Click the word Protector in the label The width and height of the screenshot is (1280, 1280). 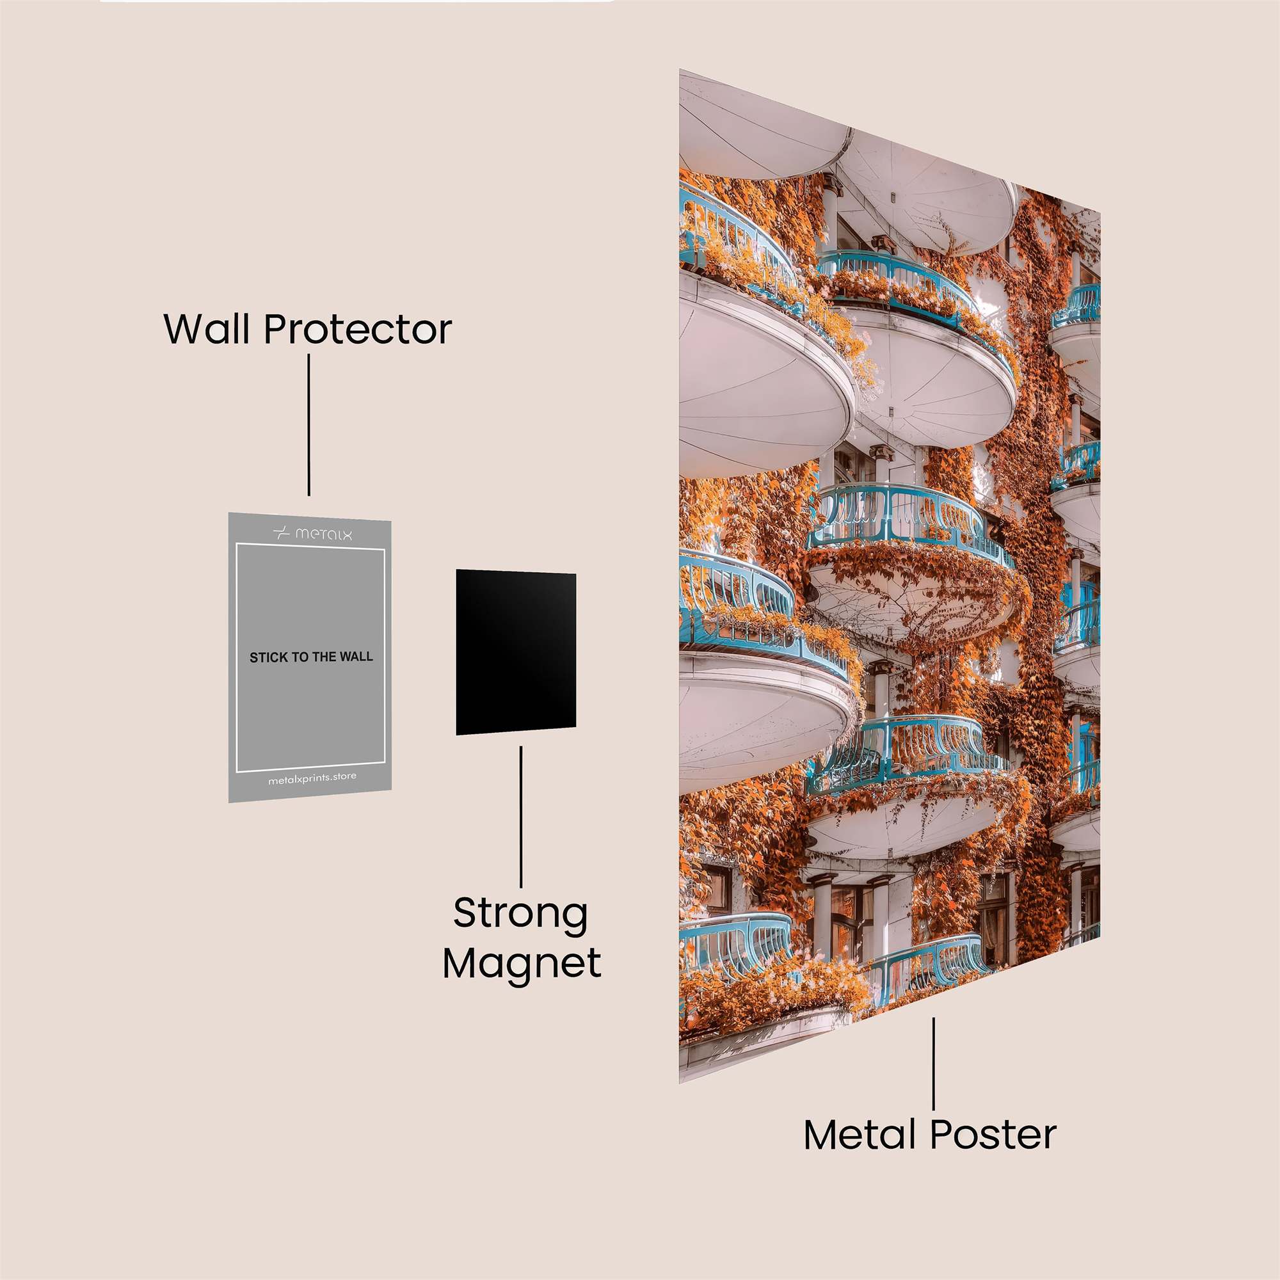[x=358, y=330]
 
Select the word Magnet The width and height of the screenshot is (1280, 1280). [x=522, y=964]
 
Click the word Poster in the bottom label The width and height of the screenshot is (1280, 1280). [x=993, y=1135]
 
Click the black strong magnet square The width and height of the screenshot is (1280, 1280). [x=515, y=652]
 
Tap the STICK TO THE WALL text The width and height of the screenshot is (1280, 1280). [x=311, y=657]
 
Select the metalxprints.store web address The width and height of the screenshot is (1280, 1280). [x=312, y=779]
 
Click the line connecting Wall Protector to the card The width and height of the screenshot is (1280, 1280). [x=308, y=424]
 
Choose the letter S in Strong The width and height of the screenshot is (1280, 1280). [x=467, y=915]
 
